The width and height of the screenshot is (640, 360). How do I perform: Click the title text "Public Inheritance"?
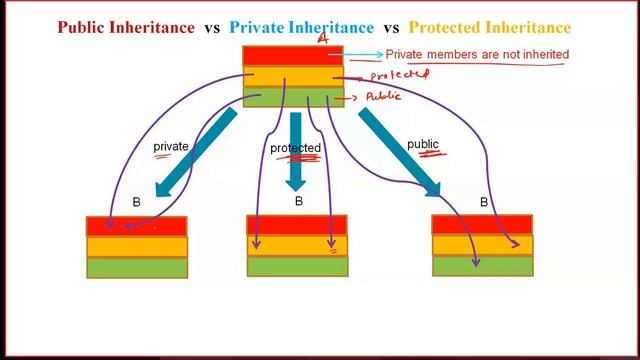[x=126, y=27]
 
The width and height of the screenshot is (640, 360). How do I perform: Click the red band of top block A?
[x=292, y=56]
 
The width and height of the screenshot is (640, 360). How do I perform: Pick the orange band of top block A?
[x=292, y=77]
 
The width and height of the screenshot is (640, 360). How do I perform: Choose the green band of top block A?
[x=292, y=96]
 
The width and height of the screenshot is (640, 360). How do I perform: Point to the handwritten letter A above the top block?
[x=322, y=39]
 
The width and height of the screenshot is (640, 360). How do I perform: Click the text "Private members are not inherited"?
[x=477, y=54]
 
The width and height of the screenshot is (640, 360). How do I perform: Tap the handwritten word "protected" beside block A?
[x=399, y=75]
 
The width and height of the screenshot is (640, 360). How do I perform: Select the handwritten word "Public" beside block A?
[x=383, y=97]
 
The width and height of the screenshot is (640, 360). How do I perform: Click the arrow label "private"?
[x=171, y=147]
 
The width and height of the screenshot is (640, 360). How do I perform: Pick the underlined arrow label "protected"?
[x=295, y=149]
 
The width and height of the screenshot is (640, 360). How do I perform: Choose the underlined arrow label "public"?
[x=423, y=145]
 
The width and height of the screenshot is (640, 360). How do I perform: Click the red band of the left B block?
[x=137, y=227]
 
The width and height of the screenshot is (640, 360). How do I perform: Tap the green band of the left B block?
[x=137, y=267]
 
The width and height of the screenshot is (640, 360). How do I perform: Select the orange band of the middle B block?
[x=297, y=246]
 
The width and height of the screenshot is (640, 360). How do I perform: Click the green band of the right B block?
[x=482, y=265]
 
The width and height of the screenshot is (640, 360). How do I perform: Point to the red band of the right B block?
[x=482, y=224]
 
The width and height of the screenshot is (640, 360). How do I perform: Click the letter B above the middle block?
[x=298, y=201]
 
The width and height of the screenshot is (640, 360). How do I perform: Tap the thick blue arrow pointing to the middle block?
[x=295, y=150]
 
